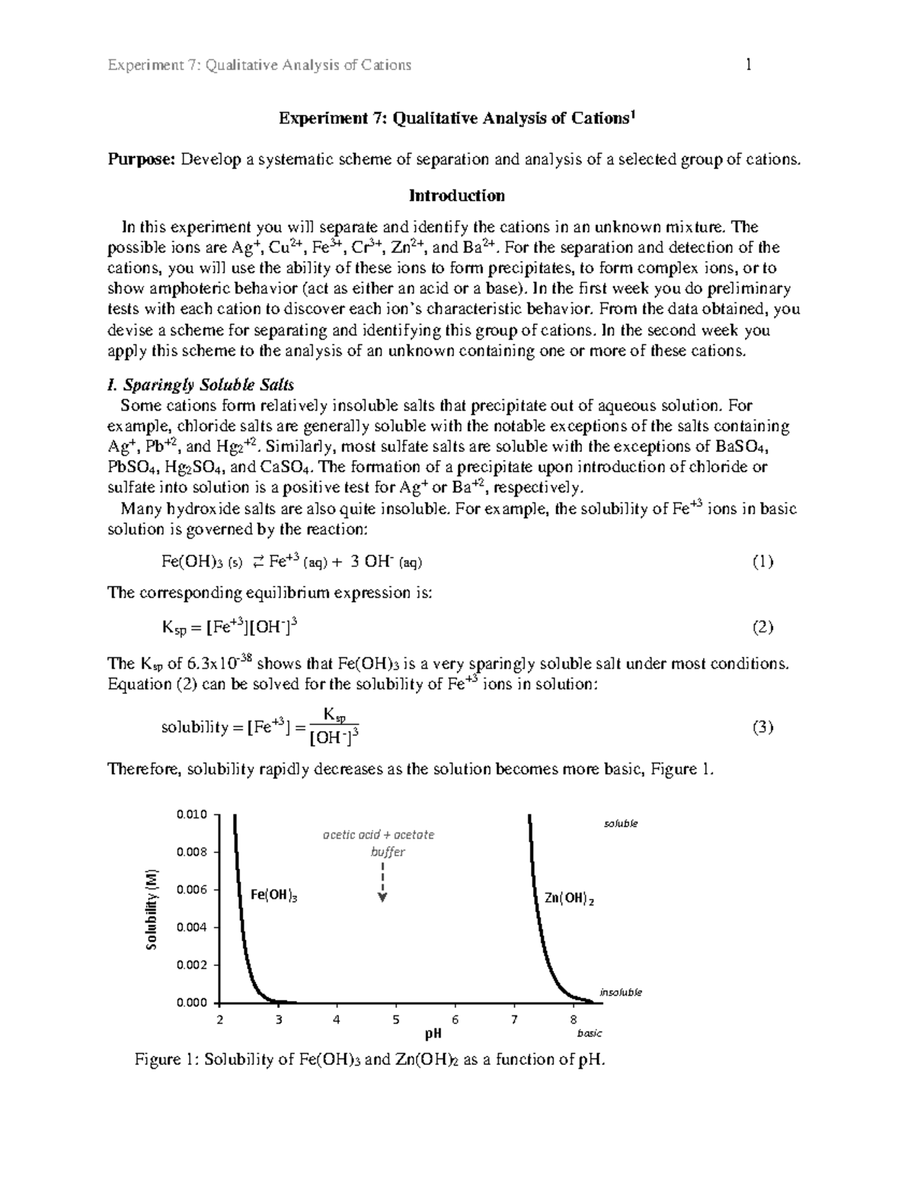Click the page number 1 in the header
[749, 65]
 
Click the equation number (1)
[762, 562]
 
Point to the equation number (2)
[762, 628]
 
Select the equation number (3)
[762, 727]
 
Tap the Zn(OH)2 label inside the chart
[568, 899]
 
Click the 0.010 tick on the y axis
[191, 814]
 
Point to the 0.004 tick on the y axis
[191, 927]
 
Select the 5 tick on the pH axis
[395, 1019]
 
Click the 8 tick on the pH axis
[573, 1019]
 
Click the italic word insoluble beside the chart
[621, 992]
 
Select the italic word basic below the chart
[590, 1034]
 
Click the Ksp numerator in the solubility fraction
[334, 714]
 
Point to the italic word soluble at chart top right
[621, 823]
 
